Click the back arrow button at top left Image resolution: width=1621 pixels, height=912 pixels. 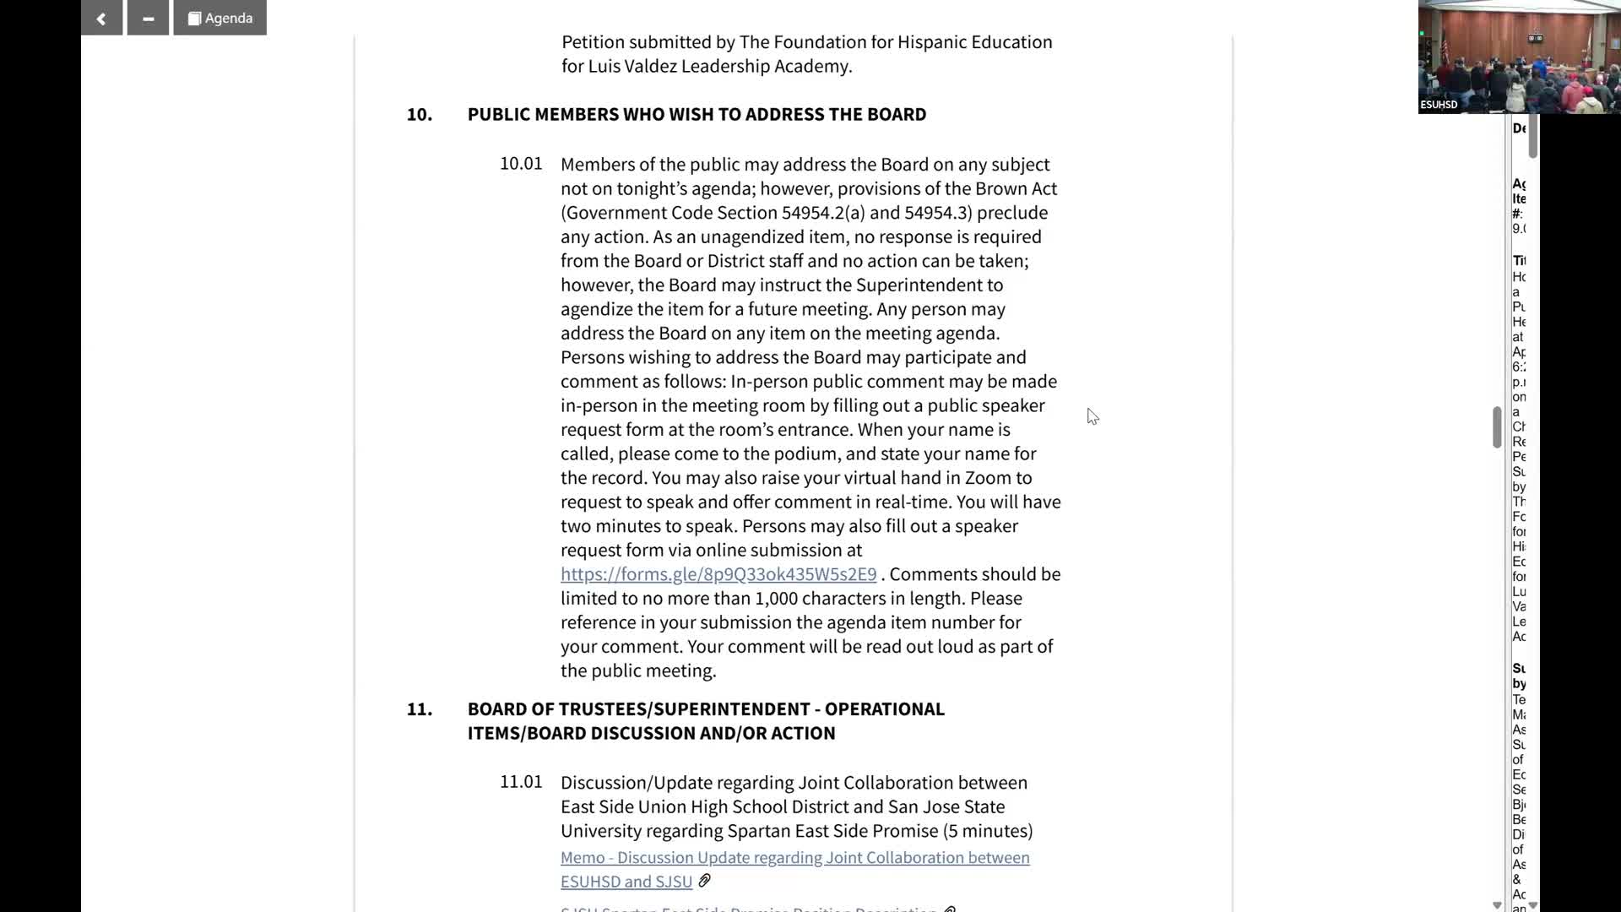[x=101, y=18]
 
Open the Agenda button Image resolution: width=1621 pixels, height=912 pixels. [x=220, y=18]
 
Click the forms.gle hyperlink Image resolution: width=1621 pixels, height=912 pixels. [x=718, y=574]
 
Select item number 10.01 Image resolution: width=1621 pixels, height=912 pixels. [x=521, y=164]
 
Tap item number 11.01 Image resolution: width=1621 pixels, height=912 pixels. [x=521, y=782]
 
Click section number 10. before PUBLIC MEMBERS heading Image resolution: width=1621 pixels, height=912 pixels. [x=420, y=115]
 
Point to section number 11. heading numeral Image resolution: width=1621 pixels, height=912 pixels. [x=420, y=709]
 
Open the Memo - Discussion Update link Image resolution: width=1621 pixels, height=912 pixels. [x=794, y=858]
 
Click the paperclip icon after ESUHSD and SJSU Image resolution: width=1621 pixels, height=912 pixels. [x=704, y=881]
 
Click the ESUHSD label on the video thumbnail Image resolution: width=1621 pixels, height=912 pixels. [x=1439, y=105]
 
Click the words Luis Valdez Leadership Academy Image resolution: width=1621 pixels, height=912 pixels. [x=719, y=67]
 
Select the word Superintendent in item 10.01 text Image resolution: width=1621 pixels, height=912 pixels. [x=929, y=285]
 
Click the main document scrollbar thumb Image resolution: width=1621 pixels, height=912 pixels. [x=1496, y=426]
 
